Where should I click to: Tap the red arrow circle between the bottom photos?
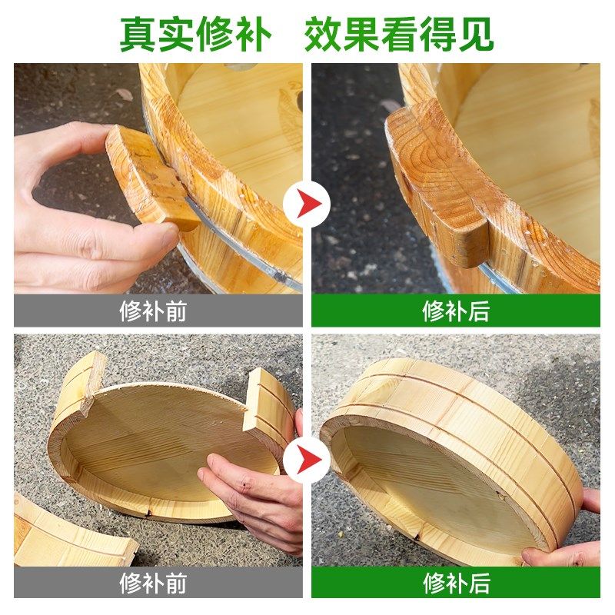(x=307, y=459)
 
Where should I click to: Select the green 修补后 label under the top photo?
(x=455, y=311)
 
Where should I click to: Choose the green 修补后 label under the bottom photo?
(x=455, y=583)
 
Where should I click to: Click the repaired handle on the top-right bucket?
(x=438, y=184)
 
